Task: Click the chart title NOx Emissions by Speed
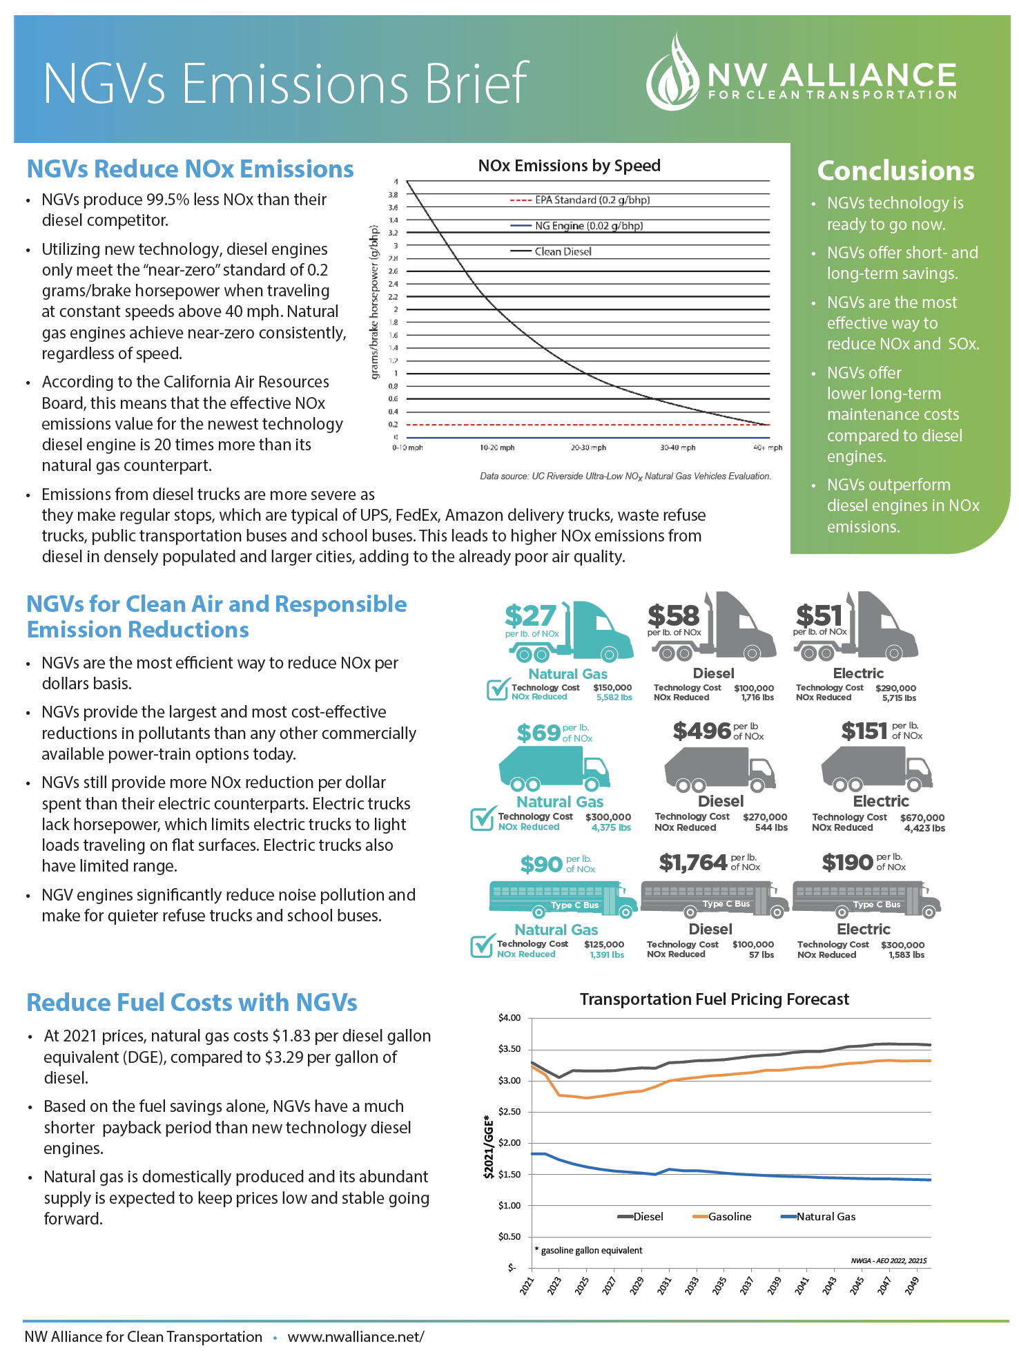coord(569,166)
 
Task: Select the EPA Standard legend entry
coord(580,200)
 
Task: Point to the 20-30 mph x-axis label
coord(588,448)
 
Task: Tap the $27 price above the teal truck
coord(530,616)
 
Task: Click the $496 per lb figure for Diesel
coord(701,731)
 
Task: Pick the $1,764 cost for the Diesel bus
coord(693,862)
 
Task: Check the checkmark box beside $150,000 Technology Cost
coord(497,689)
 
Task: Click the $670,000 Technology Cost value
coord(922,818)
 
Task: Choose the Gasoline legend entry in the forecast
coord(722,1217)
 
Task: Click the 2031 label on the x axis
coord(664,1285)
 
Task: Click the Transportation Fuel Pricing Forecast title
coord(714,999)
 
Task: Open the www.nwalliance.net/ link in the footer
coord(356,1337)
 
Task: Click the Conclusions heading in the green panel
coord(895,171)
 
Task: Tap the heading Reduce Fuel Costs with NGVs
coord(192,1003)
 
